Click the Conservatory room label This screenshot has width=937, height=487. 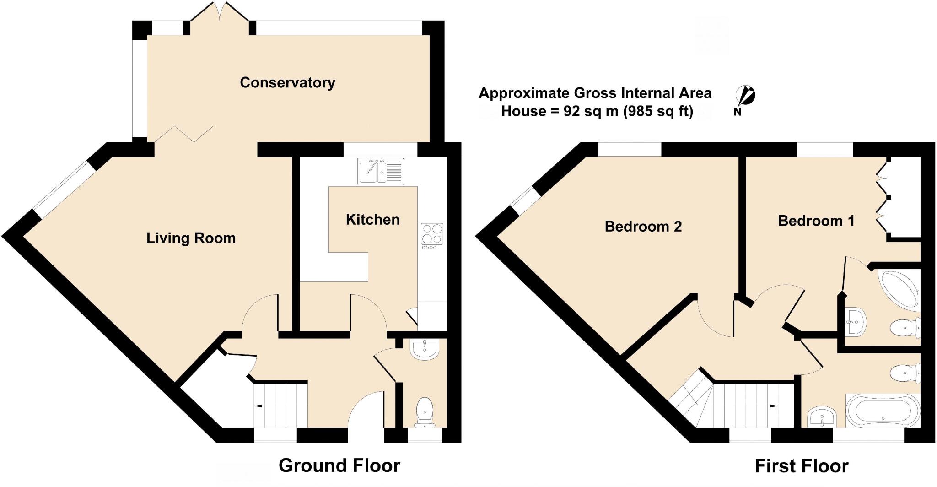tap(287, 83)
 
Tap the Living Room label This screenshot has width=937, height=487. tap(191, 238)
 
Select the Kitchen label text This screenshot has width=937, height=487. tap(372, 220)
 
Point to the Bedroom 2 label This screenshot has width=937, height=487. tap(643, 227)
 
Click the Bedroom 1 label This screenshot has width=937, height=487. tap(816, 221)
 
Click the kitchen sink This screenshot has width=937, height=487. tap(380, 171)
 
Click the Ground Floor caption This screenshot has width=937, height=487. tap(339, 465)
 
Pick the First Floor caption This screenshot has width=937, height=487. tap(801, 466)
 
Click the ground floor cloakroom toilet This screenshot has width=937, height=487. tap(425, 411)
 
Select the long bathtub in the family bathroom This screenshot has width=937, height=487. tap(883, 410)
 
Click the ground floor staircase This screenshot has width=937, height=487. tap(280, 406)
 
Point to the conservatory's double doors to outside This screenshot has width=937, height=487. tap(220, 14)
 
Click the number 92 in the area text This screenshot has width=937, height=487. tap(572, 111)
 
